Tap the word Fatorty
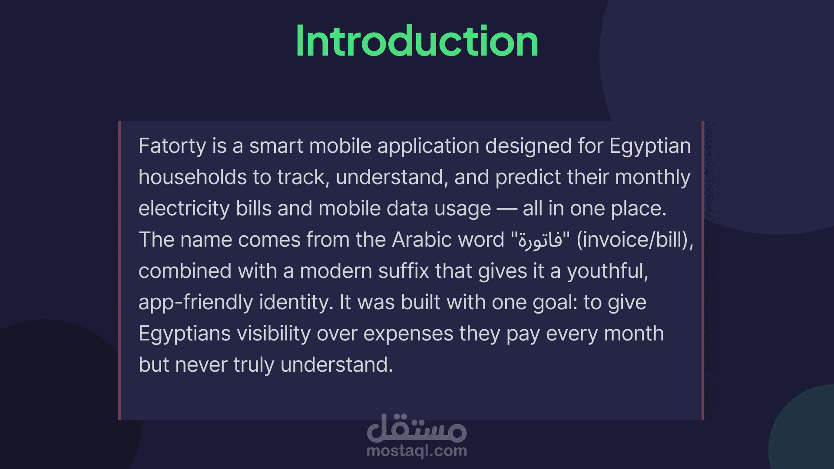coord(172,146)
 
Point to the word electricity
coord(184,209)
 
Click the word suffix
coord(404,271)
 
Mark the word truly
coord(254,365)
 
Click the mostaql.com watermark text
coord(417,451)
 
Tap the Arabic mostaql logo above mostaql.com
coord(417,427)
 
